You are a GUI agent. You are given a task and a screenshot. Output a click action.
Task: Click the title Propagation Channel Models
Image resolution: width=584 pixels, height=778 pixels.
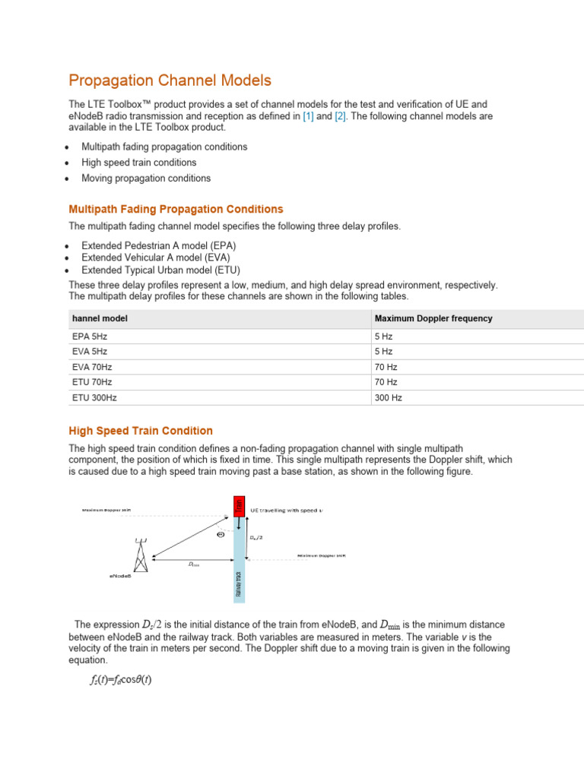click(170, 81)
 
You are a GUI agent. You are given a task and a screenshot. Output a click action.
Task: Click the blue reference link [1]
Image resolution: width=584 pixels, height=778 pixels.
click(308, 116)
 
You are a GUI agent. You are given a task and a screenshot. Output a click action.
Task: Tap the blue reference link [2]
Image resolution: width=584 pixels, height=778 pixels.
click(340, 116)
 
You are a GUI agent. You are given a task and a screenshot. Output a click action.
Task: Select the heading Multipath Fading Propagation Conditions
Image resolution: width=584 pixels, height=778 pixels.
click(176, 209)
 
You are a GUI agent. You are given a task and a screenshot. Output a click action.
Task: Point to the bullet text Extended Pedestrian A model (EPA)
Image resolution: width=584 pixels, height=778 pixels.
click(158, 246)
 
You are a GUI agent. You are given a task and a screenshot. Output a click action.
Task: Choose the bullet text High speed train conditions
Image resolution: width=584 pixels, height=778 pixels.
click(138, 163)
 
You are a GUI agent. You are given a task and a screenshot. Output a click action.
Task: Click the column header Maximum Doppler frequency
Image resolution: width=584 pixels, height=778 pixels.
click(433, 318)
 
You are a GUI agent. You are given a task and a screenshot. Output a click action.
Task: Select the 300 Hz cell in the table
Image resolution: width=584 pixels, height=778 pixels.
click(388, 397)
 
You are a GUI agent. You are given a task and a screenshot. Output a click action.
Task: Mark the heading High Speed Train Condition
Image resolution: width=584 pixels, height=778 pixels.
click(141, 431)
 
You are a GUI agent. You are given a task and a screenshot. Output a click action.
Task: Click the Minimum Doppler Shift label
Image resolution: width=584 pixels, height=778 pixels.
click(321, 556)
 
